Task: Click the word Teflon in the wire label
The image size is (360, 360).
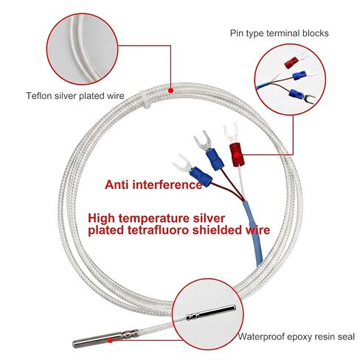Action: (x=39, y=96)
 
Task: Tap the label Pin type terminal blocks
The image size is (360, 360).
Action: (x=279, y=33)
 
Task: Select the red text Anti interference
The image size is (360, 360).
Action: (x=153, y=184)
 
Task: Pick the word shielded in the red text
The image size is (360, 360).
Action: (x=216, y=230)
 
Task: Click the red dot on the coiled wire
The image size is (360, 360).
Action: (x=170, y=91)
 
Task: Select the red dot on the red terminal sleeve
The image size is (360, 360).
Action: (x=237, y=155)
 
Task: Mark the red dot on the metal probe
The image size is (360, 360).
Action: (x=110, y=340)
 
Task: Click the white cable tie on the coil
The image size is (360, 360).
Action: (x=145, y=100)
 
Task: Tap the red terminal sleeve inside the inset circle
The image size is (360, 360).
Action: (x=291, y=63)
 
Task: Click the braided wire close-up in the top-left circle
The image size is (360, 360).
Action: (x=83, y=49)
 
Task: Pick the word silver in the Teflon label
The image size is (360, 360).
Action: (x=65, y=96)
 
